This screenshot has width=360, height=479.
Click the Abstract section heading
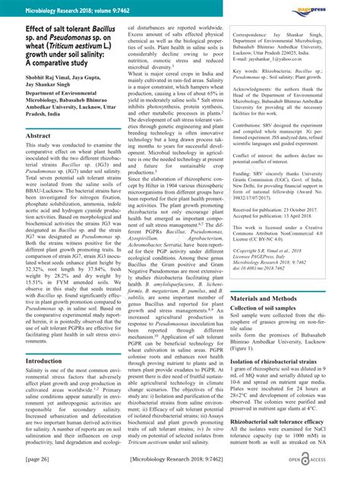[x=38, y=134]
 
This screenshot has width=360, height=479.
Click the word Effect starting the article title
[x=17, y=28]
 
